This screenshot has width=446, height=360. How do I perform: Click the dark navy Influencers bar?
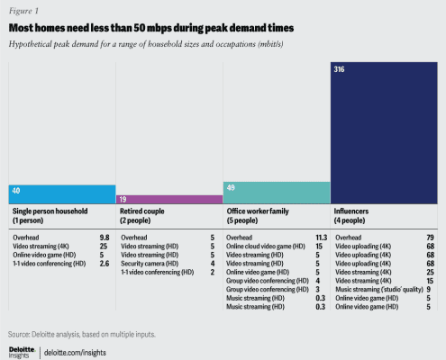[384, 133]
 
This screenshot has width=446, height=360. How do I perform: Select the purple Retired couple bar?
[169, 200]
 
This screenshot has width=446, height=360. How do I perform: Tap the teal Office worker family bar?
[277, 193]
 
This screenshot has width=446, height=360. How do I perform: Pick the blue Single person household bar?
[62, 194]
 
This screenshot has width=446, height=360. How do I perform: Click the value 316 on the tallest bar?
[339, 69]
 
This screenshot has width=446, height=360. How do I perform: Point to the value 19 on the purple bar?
[123, 200]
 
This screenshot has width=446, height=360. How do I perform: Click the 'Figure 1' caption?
[23, 11]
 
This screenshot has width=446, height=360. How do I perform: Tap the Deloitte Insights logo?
[22, 353]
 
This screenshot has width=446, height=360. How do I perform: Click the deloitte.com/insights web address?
[75, 353]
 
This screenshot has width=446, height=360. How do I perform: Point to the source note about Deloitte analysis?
[82, 334]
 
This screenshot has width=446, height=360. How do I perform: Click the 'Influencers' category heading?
[351, 211]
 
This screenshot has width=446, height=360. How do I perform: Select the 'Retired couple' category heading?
[142, 211]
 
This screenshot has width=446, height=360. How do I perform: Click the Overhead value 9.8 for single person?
[105, 238]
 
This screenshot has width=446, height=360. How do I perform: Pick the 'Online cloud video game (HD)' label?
[266, 247]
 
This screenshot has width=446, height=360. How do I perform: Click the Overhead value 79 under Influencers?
[430, 238]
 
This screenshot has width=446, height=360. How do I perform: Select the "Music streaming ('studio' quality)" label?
[379, 290]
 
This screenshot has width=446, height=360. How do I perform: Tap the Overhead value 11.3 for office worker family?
[322, 238]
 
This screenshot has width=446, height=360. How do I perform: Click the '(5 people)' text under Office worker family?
[242, 220]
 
